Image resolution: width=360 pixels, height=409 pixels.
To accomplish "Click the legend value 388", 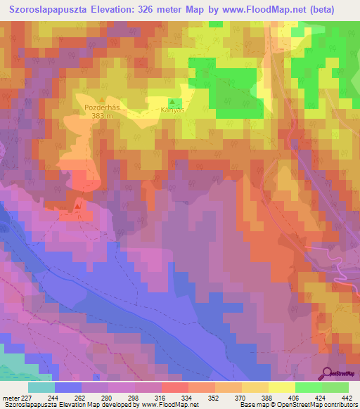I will point(268,397).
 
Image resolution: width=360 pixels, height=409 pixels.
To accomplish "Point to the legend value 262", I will point(82,397).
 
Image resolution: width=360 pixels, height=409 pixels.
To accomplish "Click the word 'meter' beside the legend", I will point(10,397).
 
